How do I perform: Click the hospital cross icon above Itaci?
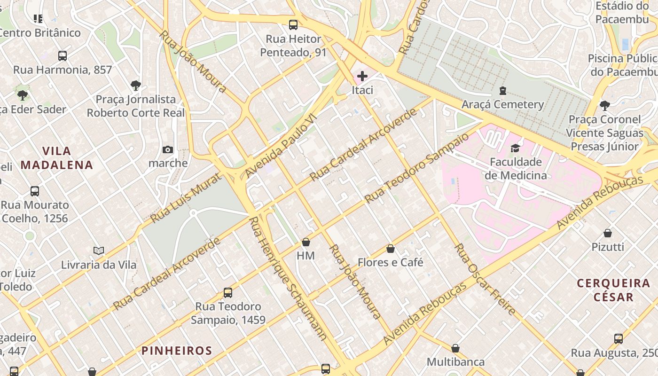pyautogui.click(x=362, y=76)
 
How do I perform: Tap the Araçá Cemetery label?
pyautogui.click(x=502, y=104)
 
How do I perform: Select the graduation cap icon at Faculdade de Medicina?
pyautogui.click(x=516, y=148)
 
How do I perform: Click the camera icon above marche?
pyautogui.click(x=168, y=150)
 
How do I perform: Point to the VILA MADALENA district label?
pyautogui.click(x=57, y=158)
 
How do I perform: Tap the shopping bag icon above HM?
pyautogui.click(x=306, y=242)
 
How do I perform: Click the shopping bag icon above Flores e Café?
pyautogui.click(x=390, y=249)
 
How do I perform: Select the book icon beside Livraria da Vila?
pyautogui.click(x=99, y=251)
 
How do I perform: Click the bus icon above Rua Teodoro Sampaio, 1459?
pyautogui.click(x=228, y=292)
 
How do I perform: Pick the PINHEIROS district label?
pyautogui.click(x=177, y=351)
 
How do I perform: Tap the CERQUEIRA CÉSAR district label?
pyautogui.click(x=613, y=290)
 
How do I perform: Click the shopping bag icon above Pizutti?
pyautogui.click(x=608, y=233)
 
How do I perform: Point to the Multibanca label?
pyautogui.click(x=455, y=362)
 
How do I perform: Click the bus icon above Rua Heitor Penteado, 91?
pyautogui.click(x=293, y=25)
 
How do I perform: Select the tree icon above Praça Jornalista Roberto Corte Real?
pyautogui.click(x=136, y=86)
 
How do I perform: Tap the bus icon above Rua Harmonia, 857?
pyautogui.click(x=63, y=56)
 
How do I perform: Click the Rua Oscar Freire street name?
pyautogui.click(x=486, y=280)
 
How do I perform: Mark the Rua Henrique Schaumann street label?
pyautogui.click(x=287, y=278)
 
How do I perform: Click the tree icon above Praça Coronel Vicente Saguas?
pyautogui.click(x=605, y=105)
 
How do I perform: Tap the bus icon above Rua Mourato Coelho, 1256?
pyautogui.click(x=35, y=191)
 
